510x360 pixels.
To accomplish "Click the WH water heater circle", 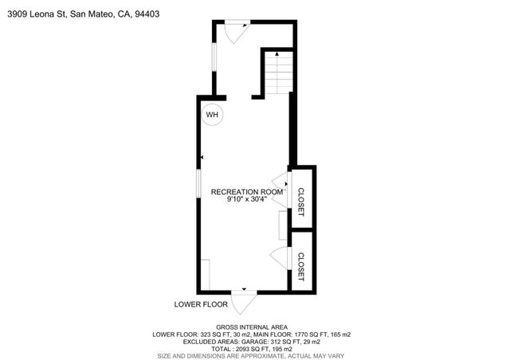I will [x=212, y=115].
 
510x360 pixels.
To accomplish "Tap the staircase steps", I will [x=279, y=76].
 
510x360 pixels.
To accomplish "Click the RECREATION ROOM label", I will [x=247, y=192].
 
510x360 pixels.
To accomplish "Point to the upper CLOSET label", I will [x=301, y=202].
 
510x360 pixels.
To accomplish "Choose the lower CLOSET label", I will [x=301, y=266].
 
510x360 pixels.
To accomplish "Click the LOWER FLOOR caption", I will [x=201, y=304].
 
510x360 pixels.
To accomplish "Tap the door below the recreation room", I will [x=244, y=302].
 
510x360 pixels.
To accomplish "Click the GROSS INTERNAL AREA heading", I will [x=254, y=327].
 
